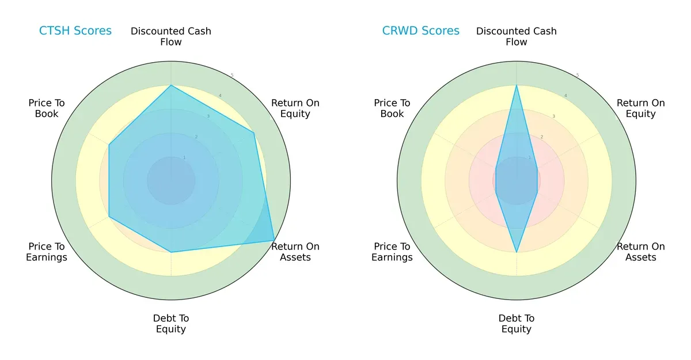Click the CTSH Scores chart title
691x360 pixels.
[75, 31]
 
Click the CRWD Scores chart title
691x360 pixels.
[421, 31]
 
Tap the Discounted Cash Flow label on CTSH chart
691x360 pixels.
[171, 36]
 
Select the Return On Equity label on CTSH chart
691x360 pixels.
[295, 108]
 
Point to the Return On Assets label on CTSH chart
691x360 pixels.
[295, 252]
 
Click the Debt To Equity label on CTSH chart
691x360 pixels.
[171, 324]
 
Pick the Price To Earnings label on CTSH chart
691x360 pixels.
[47, 252]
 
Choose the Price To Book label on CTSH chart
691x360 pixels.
[47, 108]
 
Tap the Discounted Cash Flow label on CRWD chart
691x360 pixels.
[517, 36]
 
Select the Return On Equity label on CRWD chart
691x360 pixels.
[641, 108]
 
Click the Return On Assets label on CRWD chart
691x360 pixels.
[641, 252]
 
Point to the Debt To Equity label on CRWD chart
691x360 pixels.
[517, 324]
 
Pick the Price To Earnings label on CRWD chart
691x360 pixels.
[392, 252]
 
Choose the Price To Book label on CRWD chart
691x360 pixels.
[392, 108]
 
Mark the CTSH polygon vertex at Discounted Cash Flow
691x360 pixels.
[171, 85]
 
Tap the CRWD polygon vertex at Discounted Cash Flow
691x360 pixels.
[517, 85]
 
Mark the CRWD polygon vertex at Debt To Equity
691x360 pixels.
[517, 252]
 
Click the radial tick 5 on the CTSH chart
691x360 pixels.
[232, 75]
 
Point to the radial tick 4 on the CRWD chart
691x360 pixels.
[565, 96]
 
